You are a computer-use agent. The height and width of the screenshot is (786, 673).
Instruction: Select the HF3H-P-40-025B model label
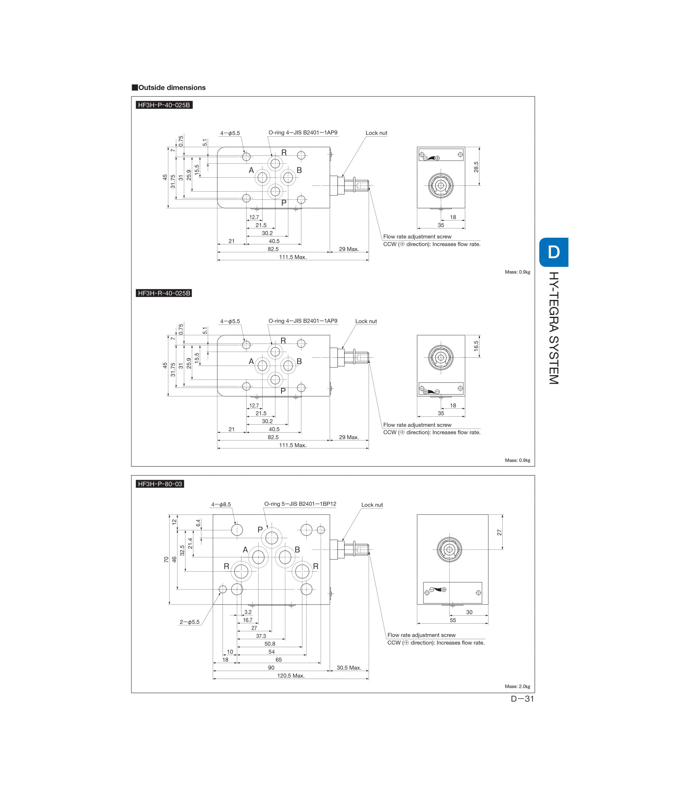coord(164,105)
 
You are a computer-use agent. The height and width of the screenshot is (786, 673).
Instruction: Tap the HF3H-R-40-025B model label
coord(164,293)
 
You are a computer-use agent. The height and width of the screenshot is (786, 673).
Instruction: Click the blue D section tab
coord(554,252)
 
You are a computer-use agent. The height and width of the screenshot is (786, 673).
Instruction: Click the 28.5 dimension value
coord(476,167)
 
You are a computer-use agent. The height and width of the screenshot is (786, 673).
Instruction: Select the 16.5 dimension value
coord(476,346)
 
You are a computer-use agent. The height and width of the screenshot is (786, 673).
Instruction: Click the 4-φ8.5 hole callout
coord(221,504)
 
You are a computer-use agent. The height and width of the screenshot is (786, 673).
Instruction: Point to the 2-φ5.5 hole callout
coord(189,622)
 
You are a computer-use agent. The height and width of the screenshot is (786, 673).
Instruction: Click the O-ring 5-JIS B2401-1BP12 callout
coord(300,504)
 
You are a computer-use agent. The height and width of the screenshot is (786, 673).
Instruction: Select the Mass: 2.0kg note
coord(517,686)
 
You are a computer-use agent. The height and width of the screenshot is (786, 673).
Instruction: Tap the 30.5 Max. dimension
coord(348,668)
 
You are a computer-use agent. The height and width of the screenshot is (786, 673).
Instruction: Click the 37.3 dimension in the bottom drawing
coord(261,636)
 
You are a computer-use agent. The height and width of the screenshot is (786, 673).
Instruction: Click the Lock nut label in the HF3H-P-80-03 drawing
coord(372,505)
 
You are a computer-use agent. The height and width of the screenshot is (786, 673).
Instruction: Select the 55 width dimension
coord(453,620)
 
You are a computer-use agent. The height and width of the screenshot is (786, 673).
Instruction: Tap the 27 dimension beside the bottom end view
coord(499,533)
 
